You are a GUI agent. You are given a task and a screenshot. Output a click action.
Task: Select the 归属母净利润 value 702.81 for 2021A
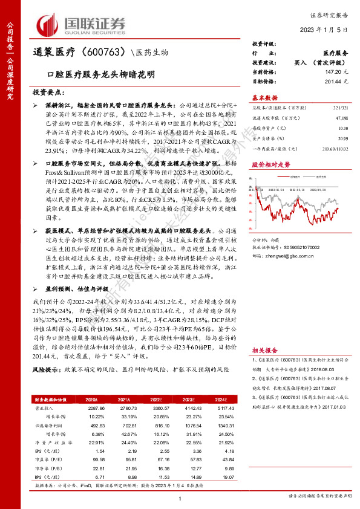coord(123,426)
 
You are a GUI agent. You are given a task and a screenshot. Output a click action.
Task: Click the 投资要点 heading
coord(49,91)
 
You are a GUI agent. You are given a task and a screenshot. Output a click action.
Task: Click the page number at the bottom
coord(181,498)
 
